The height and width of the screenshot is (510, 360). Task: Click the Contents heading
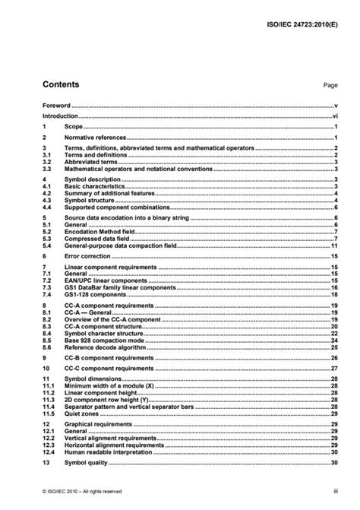click(x=62, y=85)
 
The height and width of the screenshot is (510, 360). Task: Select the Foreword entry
click(x=57, y=106)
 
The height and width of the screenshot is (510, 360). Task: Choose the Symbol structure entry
click(x=90, y=199)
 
